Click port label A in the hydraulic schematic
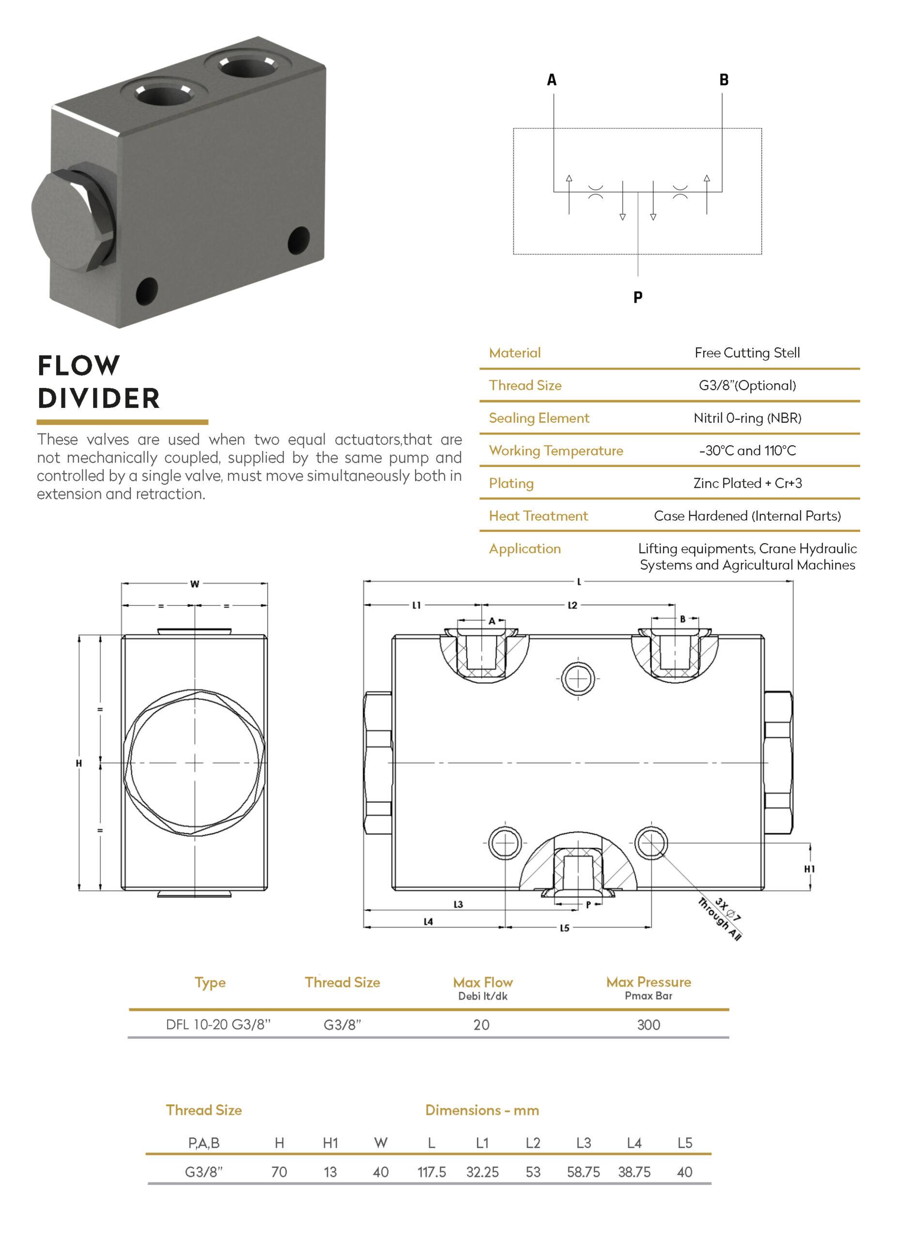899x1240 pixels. [552, 80]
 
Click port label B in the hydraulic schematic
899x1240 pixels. [724, 80]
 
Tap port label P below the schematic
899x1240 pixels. [637, 297]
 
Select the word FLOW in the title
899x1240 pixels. [79, 365]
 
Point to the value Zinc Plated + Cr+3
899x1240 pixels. [747, 483]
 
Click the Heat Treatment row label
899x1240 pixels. [538, 516]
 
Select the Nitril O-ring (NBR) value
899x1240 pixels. [747, 418]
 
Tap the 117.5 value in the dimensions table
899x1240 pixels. [432, 1172]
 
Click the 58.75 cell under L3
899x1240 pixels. [583, 1172]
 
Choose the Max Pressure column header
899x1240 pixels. [648, 982]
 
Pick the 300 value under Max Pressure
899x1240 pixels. [648, 1025]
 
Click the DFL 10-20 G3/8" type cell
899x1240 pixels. [218, 1025]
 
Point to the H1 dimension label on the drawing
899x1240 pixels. [809, 869]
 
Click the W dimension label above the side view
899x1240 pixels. [195, 584]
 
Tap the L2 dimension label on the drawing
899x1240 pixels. [572, 605]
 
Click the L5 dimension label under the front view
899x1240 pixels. [564, 928]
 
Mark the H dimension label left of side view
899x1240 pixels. [79, 763]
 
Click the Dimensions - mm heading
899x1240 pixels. [482, 1110]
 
